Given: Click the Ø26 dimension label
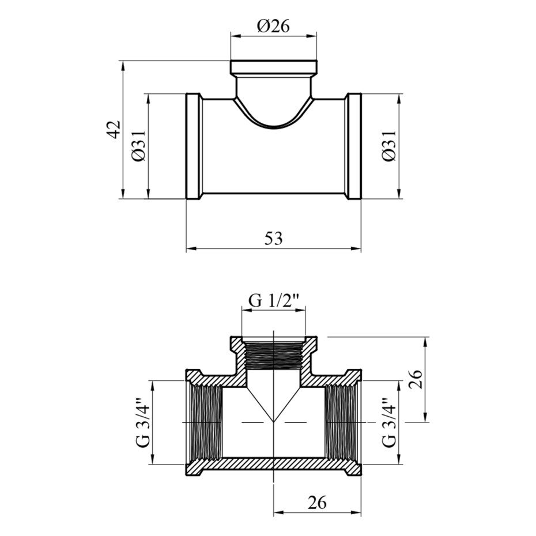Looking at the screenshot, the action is coord(274,26).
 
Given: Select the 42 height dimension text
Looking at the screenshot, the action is coord(115,129).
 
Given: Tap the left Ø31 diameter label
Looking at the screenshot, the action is coord(139,146).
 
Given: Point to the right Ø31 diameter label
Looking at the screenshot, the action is coord(389,146).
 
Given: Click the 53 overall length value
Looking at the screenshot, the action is coord(273,239).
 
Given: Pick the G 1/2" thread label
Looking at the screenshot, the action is coord(274,301).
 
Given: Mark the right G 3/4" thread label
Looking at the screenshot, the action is coord(389,422).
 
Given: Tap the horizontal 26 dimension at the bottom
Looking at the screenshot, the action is coord(317,503).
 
